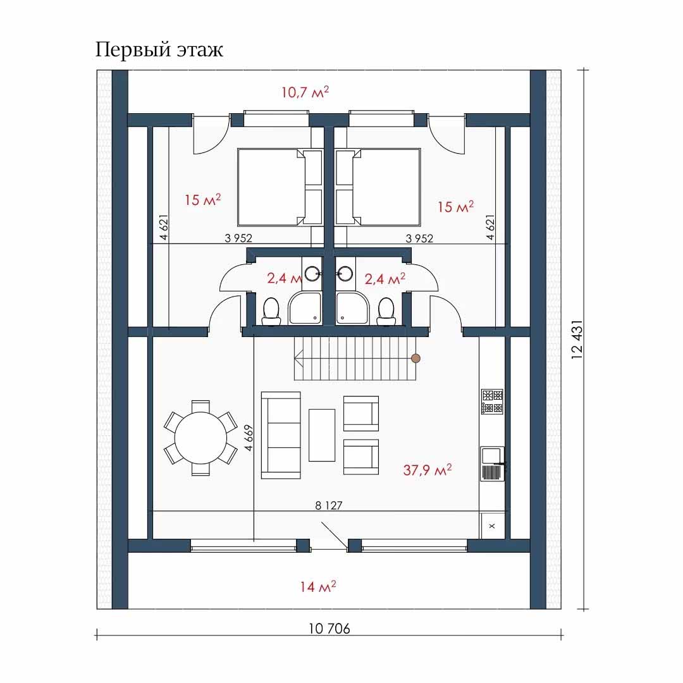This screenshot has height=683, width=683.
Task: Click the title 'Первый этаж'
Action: click(x=159, y=50)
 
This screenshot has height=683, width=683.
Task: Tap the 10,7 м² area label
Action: click(x=305, y=92)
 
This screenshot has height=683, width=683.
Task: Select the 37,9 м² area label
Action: click(x=428, y=469)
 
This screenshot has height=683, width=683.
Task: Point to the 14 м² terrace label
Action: click(x=317, y=586)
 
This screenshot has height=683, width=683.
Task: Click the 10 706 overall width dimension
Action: click(x=329, y=629)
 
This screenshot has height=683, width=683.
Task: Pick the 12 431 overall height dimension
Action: click(x=577, y=340)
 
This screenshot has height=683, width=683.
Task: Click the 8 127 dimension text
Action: click(x=329, y=505)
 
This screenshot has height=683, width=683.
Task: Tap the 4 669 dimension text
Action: click(x=249, y=438)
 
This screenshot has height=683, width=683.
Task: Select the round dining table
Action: click(x=201, y=438)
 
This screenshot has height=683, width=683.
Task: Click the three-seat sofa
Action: click(x=281, y=435)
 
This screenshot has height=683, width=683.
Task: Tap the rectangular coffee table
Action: click(x=322, y=434)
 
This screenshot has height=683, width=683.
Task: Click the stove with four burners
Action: click(x=492, y=402)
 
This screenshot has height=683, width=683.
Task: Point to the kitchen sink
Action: click(x=492, y=464)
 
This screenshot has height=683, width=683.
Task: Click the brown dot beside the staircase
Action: click(x=415, y=359)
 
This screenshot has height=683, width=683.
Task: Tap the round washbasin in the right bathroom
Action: click(x=345, y=274)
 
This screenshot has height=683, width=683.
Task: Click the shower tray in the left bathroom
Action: click(x=305, y=309)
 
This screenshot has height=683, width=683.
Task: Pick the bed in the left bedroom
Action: click(x=280, y=187)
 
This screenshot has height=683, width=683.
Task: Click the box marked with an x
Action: click(x=492, y=526)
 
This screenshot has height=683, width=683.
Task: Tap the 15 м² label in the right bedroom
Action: click(x=455, y=206)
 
